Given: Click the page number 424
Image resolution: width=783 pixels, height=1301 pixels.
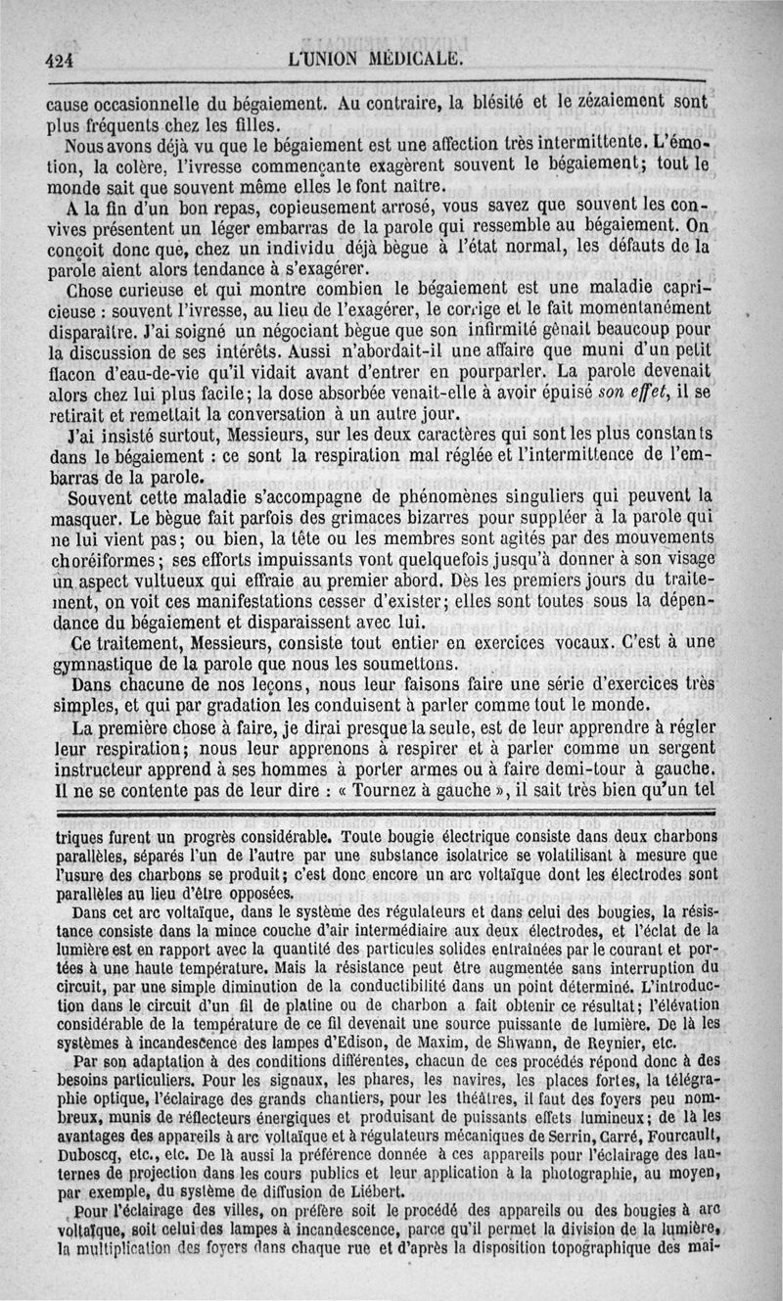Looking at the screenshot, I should tap(60, 59).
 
